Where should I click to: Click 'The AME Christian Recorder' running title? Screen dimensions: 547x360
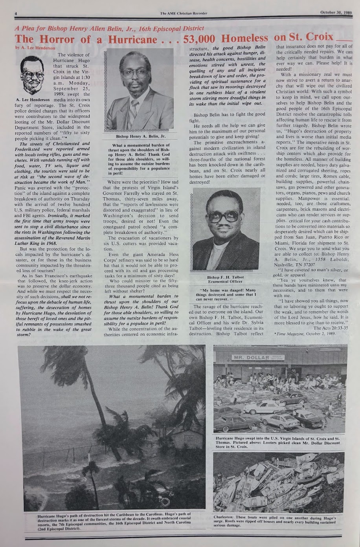184,13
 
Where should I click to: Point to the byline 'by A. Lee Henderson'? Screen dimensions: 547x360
30,48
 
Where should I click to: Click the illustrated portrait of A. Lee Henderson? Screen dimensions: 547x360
32,75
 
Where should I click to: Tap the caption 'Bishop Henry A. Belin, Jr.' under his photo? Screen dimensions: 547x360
141,136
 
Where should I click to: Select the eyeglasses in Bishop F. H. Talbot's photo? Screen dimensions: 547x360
223,216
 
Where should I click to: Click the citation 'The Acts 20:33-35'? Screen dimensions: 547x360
330,327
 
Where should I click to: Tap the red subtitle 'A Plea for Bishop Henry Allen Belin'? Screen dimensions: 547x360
109,28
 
